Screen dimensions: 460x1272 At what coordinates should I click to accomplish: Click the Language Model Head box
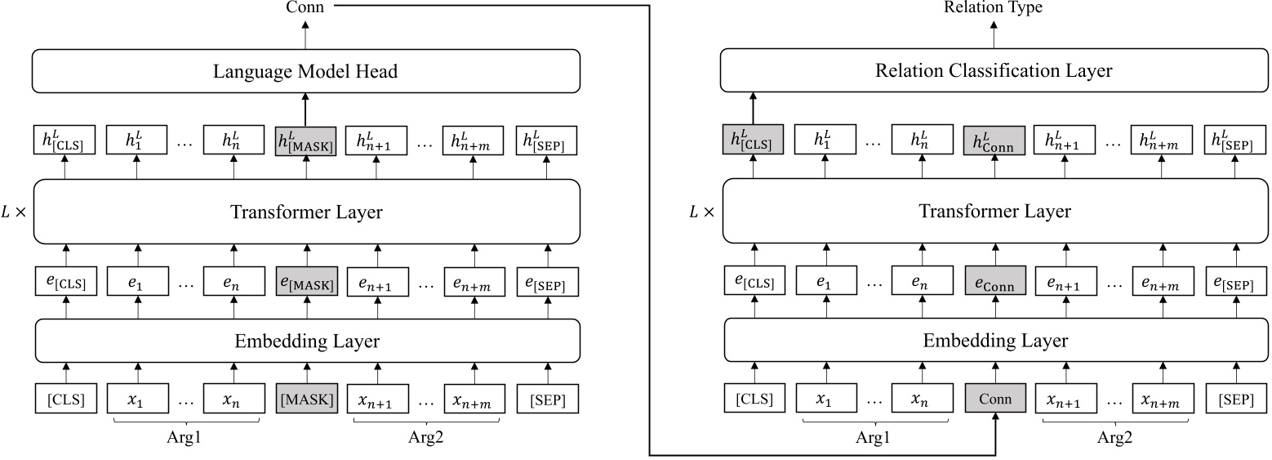click(306, 71)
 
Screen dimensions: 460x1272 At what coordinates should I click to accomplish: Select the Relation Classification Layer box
click(995, 71)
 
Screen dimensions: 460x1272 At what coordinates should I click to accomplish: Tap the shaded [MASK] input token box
click(306, 400)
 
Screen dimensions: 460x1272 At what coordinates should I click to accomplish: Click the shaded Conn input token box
click(995, 400)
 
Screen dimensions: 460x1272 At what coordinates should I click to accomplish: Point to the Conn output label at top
click(305, 7)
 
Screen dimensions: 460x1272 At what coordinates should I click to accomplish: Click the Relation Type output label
click(993, 7)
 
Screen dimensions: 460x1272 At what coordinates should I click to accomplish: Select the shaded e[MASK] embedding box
click(306, 284)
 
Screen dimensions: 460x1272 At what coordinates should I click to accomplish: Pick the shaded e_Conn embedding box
click(995, 284)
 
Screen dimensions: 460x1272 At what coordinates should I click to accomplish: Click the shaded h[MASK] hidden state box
click(306, 142)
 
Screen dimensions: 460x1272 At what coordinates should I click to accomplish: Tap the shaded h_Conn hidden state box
click(995, 142)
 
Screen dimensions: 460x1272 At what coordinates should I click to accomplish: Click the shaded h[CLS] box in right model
click(753, 142)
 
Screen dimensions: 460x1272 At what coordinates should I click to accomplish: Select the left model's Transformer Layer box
click(306, 212)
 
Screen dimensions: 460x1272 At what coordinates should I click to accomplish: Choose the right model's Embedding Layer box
click(995, 340)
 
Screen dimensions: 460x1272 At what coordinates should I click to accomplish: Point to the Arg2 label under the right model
click(1115, 437)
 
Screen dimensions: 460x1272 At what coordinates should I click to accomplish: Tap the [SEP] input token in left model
click(547, 400)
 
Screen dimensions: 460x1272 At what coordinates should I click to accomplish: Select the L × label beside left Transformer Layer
click(15, 212)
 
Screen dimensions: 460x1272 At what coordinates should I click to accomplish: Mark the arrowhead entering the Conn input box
click(995, 420)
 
